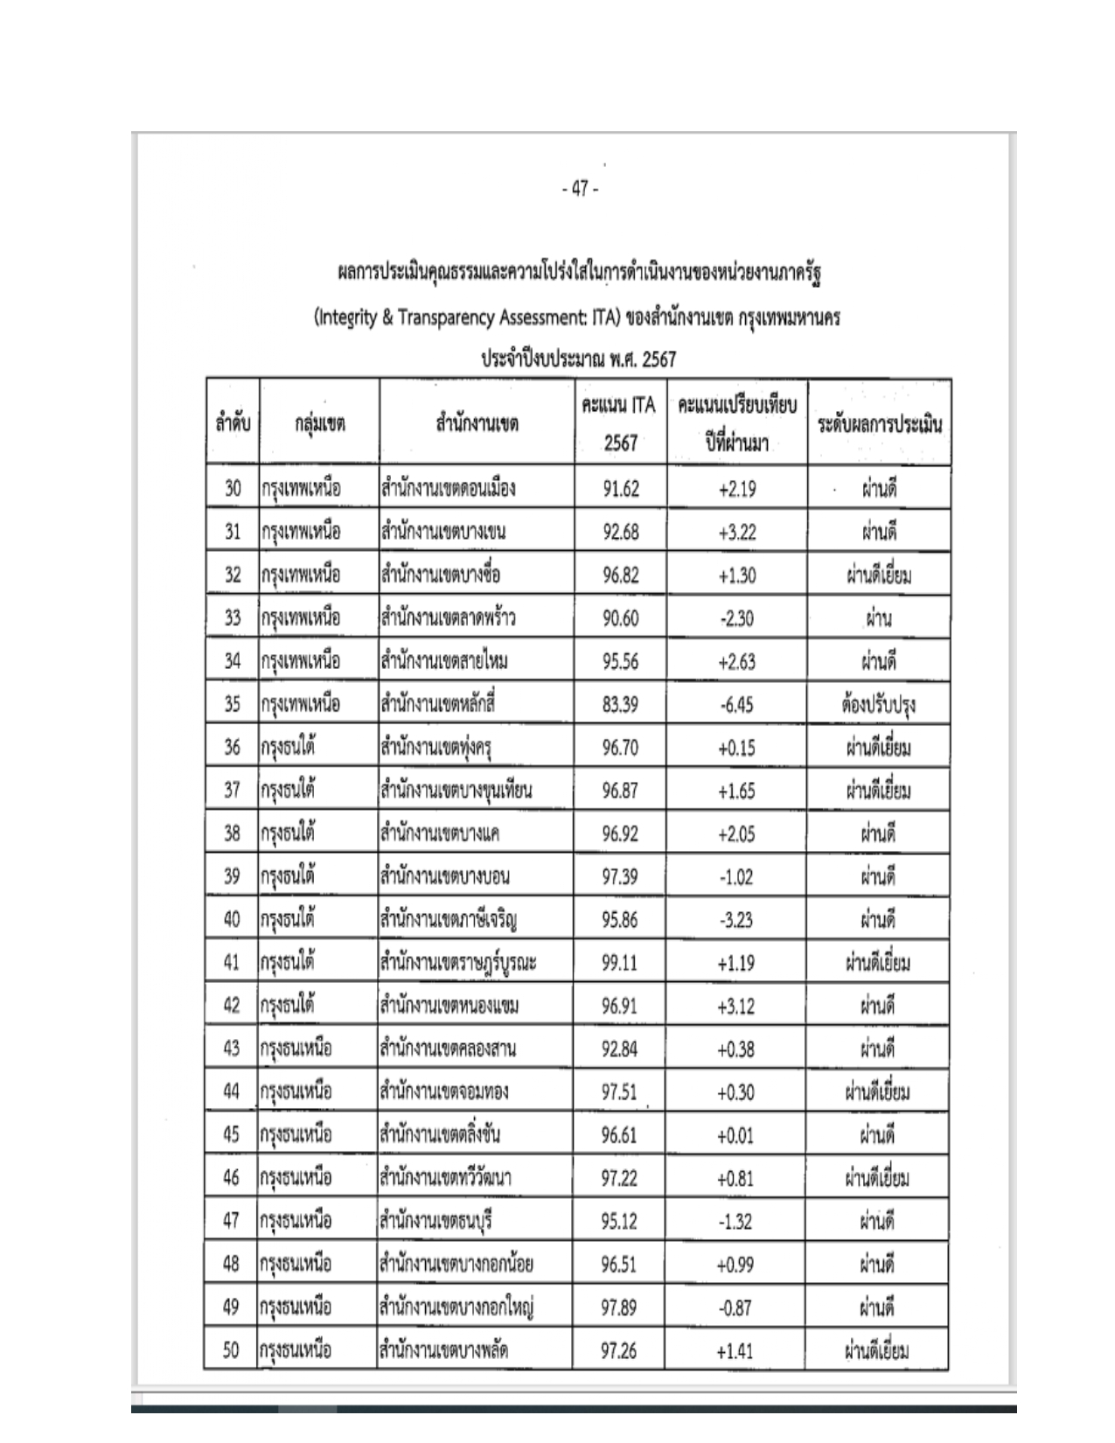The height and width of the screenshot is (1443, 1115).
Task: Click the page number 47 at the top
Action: coord(579,189)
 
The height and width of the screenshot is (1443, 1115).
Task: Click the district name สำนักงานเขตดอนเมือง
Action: coord(447,488)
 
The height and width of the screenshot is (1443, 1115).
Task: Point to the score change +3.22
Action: coord(736,532)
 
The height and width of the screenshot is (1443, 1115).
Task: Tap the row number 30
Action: coord(232,488)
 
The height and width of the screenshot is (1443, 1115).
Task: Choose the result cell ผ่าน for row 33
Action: coord(878,618)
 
